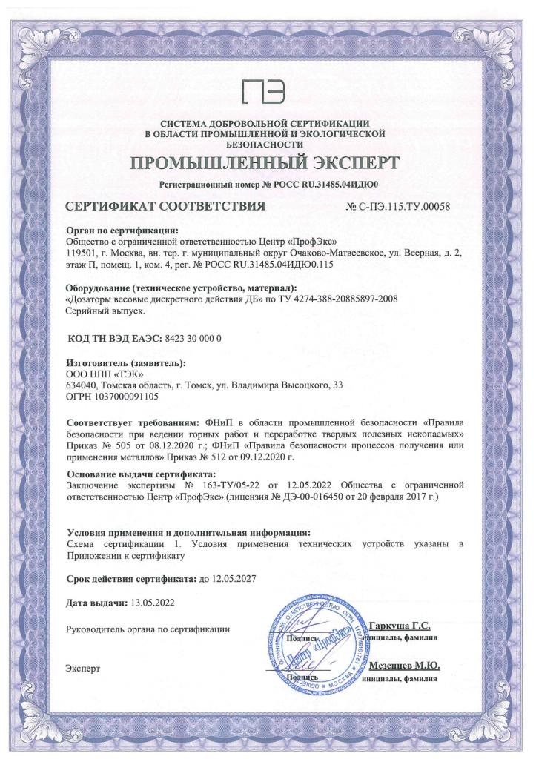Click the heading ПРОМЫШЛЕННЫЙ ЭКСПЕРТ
(267, 163)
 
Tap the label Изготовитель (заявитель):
(125, 364)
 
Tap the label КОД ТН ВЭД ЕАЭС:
(113, 339)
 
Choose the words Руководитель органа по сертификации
(148, 629)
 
